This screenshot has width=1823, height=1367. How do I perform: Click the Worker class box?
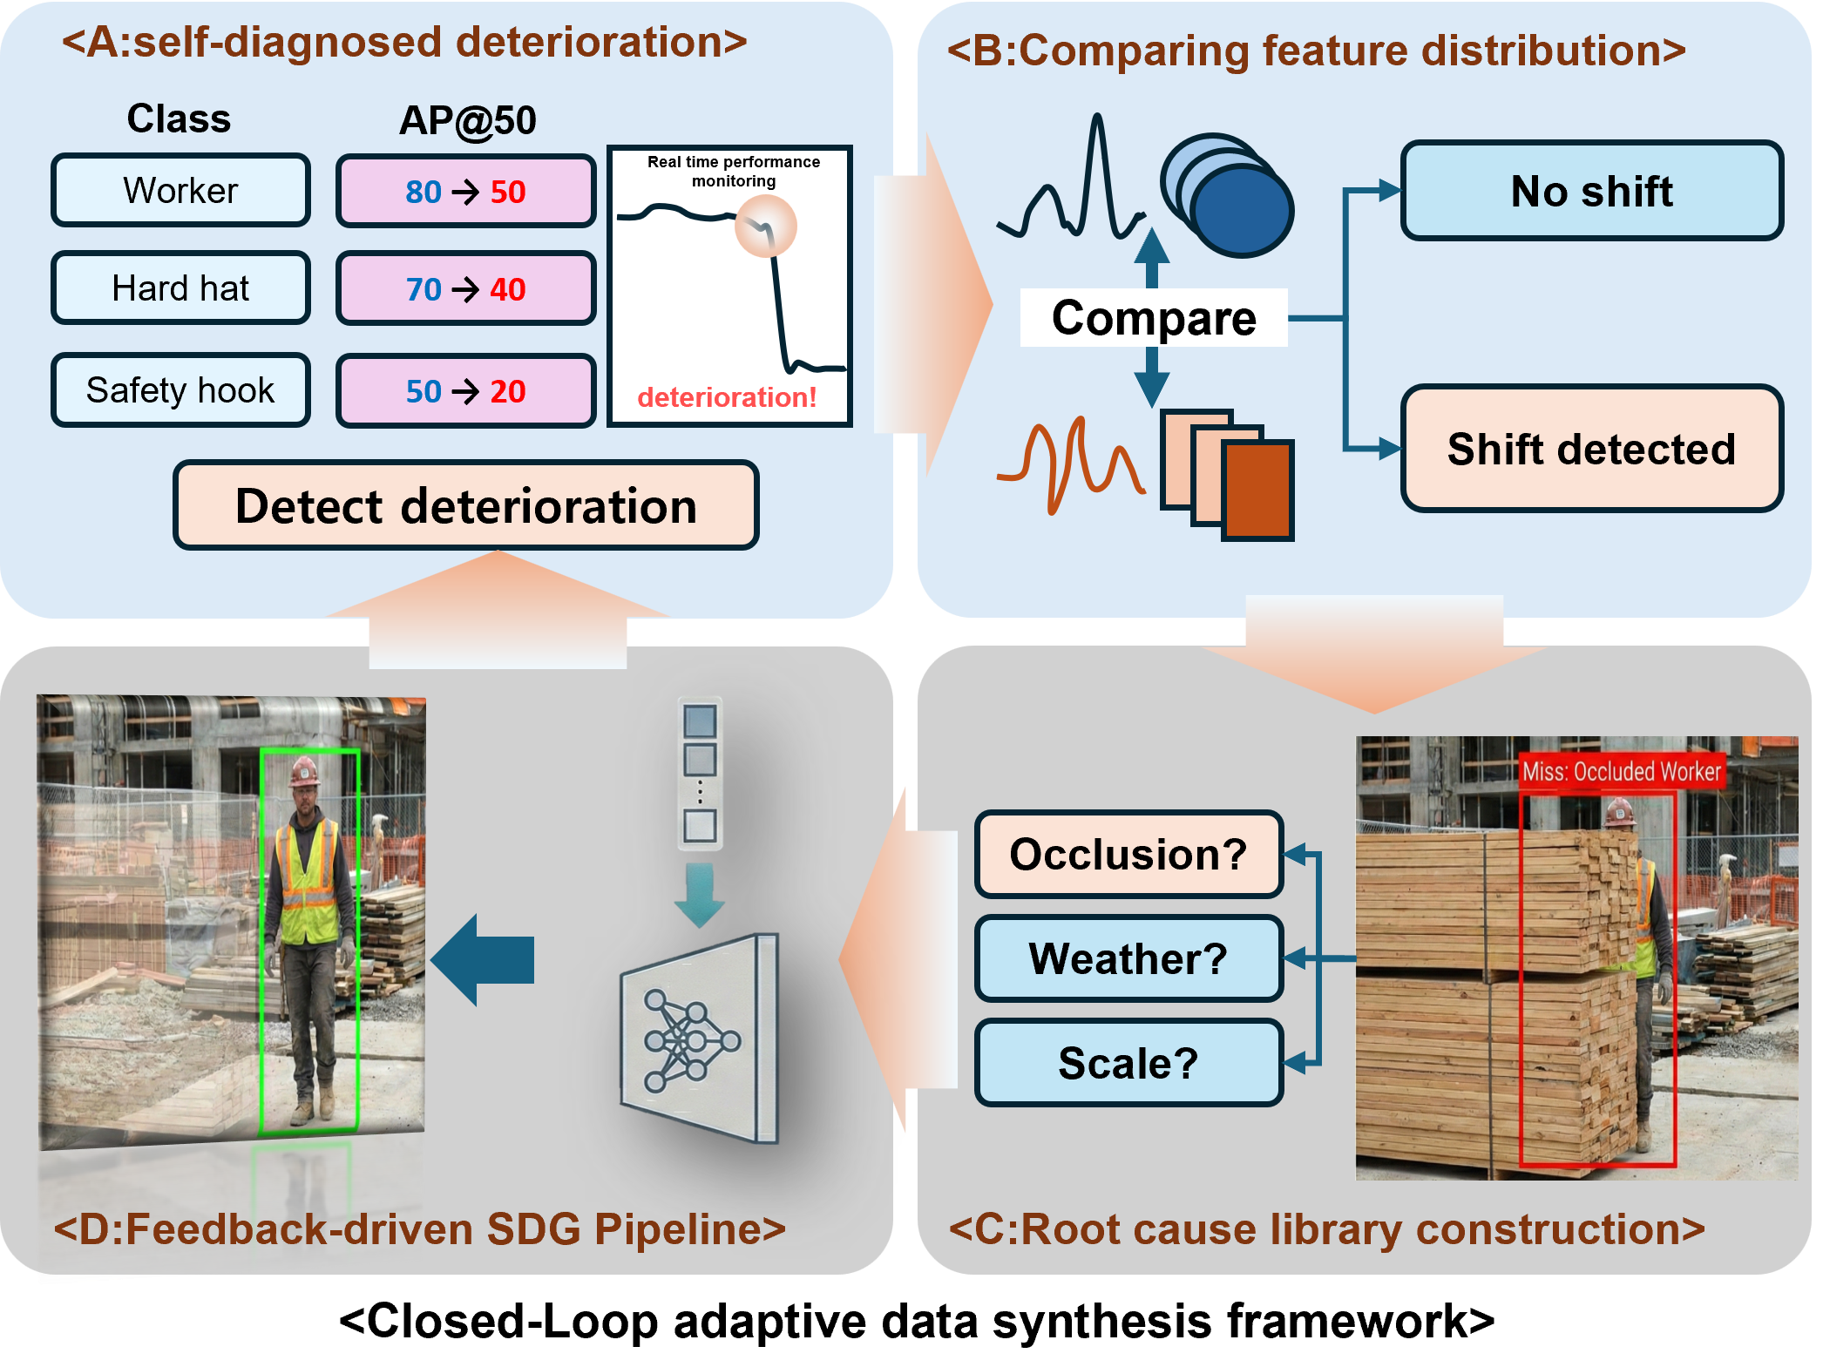pyautogui.click(x=180, y=191)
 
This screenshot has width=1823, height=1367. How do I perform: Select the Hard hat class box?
pyautogui.click(x=180, y=288)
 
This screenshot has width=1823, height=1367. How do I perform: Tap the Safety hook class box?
pyautogui.click(x=180, y=390)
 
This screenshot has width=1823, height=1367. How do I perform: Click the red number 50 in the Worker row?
pyautogui.click(x=508, y=192)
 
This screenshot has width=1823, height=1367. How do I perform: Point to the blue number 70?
pyautogui.click(x=424, y=289)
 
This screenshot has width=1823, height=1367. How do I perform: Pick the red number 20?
pyautogui.click(x=508, y=391)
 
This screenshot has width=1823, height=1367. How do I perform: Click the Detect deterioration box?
pyautogui.click(x=466, y=506)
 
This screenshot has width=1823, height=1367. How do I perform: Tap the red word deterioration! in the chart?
pyautogui.click(x=727, y=397)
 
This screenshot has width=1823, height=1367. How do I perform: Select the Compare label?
pyautogui.click(x=1154, y=318)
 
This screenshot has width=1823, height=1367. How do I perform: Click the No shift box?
pyautogui.click(x=1591, y=191)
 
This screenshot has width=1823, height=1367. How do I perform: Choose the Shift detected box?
pyautogui.click(x=1591, y=449)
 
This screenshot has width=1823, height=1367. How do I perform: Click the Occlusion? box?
pyautogui.click(x=1128, y=854)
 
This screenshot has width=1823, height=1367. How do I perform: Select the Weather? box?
pyautogui.click(x=1128, y=958)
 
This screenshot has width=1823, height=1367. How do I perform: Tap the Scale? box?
pyautogui.click(x=1128, y=1063)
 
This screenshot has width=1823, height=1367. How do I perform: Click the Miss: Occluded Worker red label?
pyautogui.click(x=1621, y=772)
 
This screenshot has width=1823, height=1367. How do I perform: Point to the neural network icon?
pyautogui.click(x=693, y=1040)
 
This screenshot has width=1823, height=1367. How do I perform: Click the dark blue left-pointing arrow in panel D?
pyautogui.click(x=484, y=960)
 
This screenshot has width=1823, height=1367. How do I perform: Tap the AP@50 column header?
pyautogui.click(x=468, y=120)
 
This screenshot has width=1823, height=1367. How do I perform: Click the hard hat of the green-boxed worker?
pyautogui.click(x=304, y=770)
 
